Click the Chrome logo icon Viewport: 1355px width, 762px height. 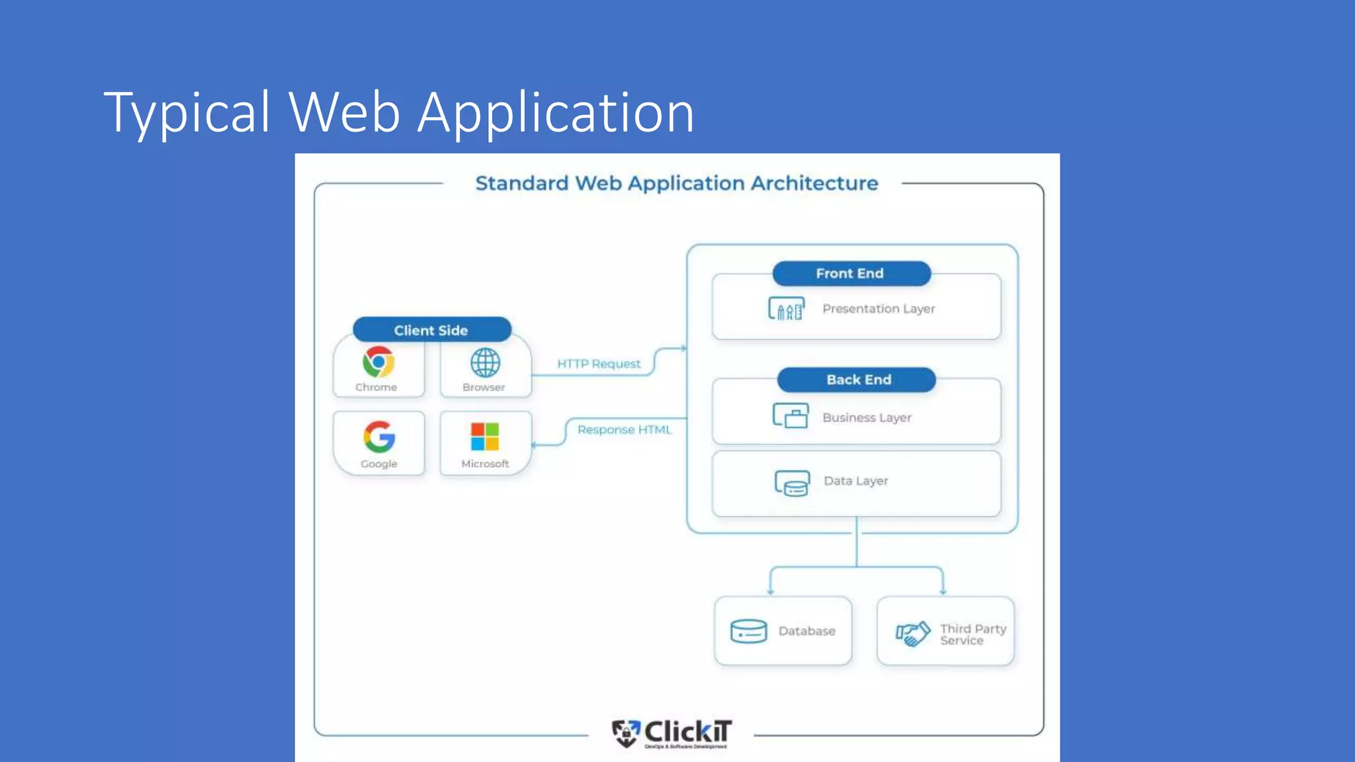[378, 362]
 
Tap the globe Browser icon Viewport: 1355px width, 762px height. [485, 362]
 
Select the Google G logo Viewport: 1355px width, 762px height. [379, 437]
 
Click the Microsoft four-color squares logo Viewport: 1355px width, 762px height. [485, 437]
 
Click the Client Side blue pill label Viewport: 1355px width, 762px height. [431, 330]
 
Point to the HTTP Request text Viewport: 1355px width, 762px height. [598, 364]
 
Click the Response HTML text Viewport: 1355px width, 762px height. [624, 430]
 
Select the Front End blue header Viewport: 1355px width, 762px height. [851, 273]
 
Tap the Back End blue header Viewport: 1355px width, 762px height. [857, 380]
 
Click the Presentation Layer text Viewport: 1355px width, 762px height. [878, 309]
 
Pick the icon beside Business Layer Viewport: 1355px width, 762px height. [791, 416]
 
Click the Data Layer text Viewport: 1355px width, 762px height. [855, 481]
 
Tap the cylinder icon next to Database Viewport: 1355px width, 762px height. [748, 631]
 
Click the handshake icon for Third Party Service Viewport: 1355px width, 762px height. [913, 633]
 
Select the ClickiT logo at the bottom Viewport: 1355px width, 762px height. [672, 733]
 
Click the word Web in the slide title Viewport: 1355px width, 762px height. [344, 112]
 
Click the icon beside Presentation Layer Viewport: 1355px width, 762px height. [786, 309]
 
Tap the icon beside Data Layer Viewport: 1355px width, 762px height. [792, 483]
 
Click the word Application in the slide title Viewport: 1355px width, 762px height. [556, 112]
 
